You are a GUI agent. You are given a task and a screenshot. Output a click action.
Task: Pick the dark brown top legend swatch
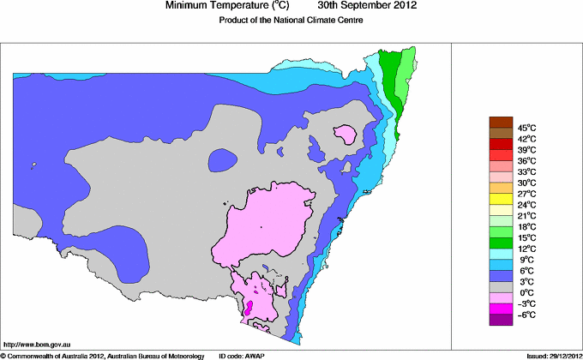[x=501, y=122]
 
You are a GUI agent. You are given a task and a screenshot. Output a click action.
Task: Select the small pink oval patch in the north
[x=346, y=135]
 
